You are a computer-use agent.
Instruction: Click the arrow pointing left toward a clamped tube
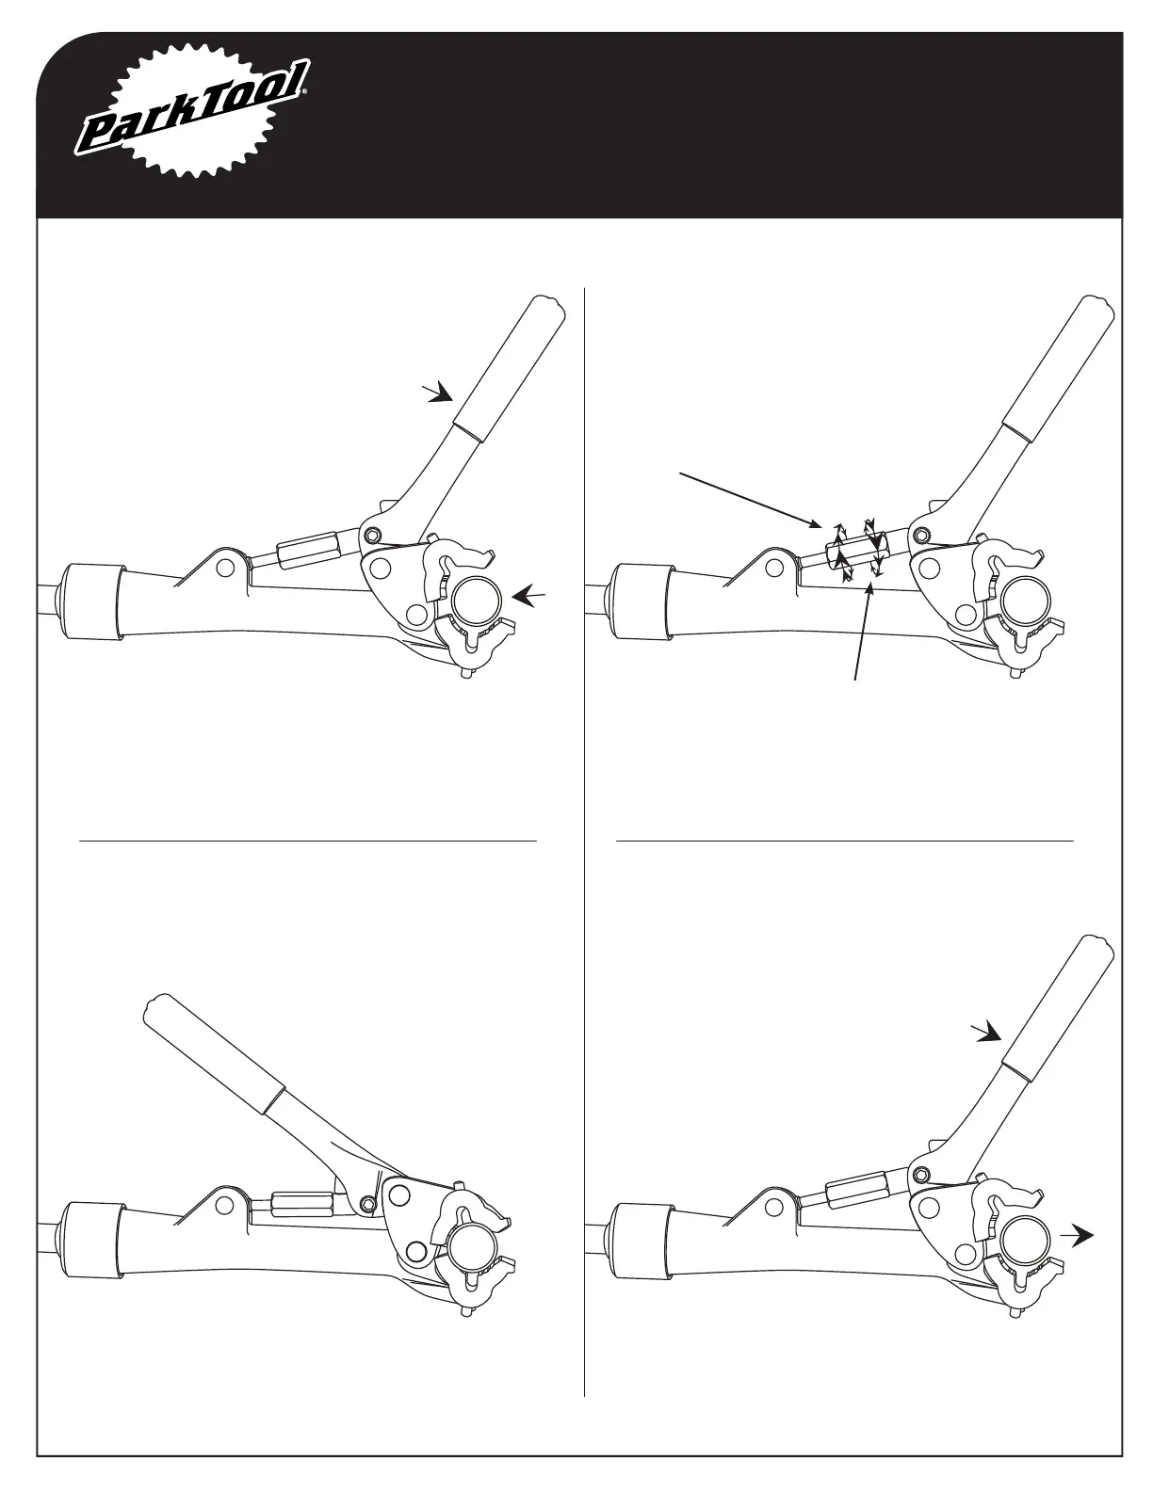coord(529,595)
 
